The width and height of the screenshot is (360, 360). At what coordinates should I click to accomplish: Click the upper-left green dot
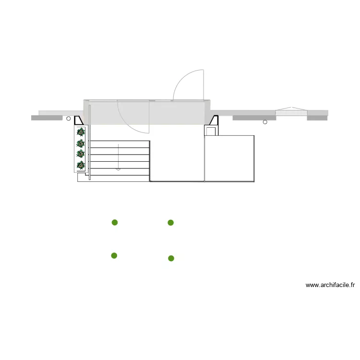[x=115, y=222]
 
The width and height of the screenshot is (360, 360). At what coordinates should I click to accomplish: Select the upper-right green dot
[x=170, y=222]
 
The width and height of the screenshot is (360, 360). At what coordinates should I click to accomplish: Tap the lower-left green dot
[x=114, y=255]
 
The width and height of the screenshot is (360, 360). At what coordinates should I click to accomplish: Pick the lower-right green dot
[x=171, y=258]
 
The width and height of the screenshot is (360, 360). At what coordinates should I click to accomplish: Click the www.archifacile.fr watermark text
[x=330, y=285]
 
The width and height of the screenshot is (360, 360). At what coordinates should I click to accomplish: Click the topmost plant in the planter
[x=81, y=132]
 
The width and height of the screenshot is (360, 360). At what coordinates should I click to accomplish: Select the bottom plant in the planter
[x=81, y=165]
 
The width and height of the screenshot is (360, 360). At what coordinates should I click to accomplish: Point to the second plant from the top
[x=81, y=144]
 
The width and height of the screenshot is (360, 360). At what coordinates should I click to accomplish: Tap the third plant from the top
[x=81, y=154]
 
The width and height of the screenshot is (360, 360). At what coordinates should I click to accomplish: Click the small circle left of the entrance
[x=69, y=119]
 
